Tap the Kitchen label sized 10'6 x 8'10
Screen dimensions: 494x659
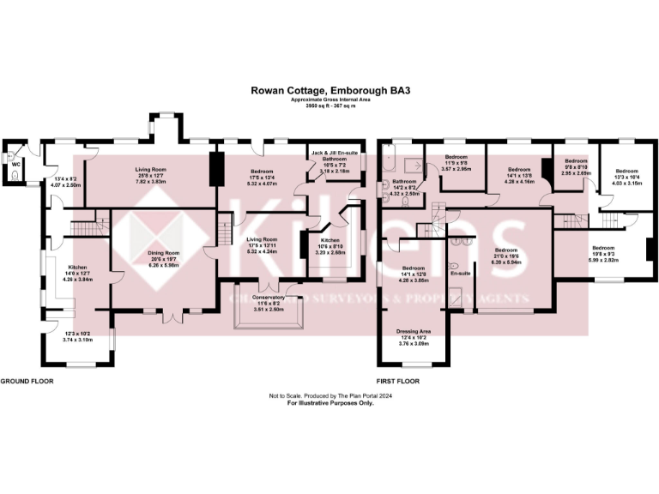(331, 240)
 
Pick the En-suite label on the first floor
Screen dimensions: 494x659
(461, 273)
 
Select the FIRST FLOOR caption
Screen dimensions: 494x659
(398, 380)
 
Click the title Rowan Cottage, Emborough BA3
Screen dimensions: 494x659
(329, 87)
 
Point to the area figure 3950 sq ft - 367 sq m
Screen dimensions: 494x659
(329, 105)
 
